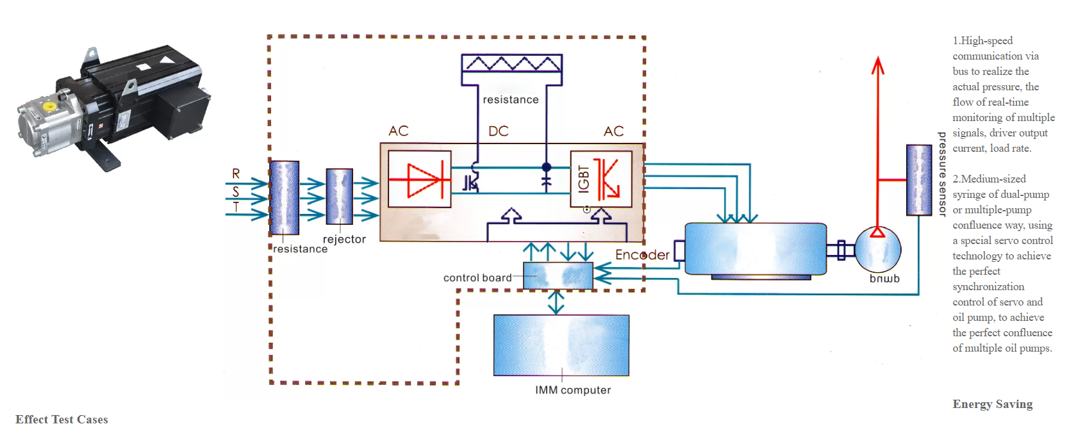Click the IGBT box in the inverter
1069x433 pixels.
tap(601, 179)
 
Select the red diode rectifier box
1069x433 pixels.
tap(420, 179)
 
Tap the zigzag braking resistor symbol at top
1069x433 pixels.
tap(512, 63)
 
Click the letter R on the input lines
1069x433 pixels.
tap(236, 174)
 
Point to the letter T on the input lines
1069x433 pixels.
tap(236, 207)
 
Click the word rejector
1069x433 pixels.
tap(344, 240)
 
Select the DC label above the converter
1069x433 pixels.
tap(498, 131)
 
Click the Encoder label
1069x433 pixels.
tap(642, 255)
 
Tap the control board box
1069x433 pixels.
tap(558, 275)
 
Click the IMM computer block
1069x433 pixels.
tap(561, 345)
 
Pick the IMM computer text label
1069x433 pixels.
tap(573, 390)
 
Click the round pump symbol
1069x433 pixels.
tap(877, 250)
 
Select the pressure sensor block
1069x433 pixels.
tap(919, 180)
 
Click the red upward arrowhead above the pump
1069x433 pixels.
tap(878, 65)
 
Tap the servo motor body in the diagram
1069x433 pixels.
tap(756, 249)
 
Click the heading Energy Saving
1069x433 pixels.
tap(992, 404)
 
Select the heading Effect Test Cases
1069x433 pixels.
tap(62, 420)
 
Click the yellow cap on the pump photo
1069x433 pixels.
tap(49, 106)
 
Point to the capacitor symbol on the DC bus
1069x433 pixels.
tap(546, 182)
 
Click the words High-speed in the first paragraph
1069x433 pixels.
tap(987, 41)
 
